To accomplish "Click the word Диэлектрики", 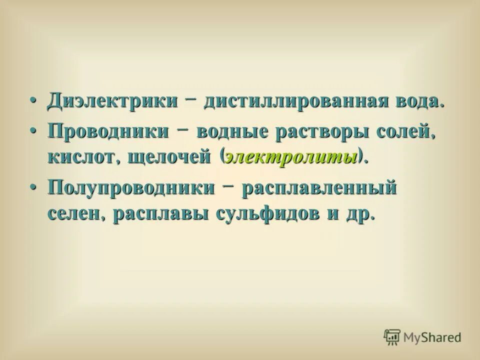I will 112,100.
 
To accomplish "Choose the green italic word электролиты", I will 292,157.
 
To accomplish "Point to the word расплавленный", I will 318,190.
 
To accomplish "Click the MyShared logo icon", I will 392,336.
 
